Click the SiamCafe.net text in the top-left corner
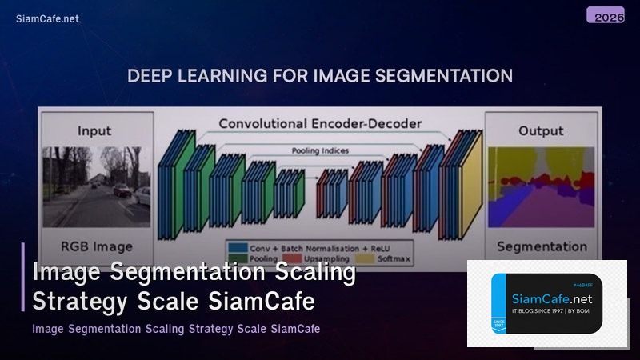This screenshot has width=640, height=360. tap(47, 18)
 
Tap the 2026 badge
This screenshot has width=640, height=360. tap(605, 16)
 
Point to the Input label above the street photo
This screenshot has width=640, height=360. tap(94, 130)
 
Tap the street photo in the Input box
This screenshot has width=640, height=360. tap(95, 186)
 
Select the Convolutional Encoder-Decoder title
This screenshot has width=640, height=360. tap(320, 124)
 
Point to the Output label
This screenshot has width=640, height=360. tap(541, 130)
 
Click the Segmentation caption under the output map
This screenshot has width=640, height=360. tap(542, 246)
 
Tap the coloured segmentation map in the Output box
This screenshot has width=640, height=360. tap(542, 186)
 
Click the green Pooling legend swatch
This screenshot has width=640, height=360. tap(238, 259)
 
